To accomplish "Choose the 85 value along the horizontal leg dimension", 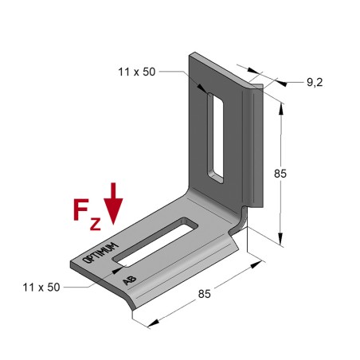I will click(x=205, y=295).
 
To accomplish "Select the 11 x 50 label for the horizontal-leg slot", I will click(x=42, y=287).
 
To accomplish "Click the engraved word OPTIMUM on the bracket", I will click(x=101, y=251).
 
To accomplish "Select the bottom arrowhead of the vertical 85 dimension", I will click(x=281, y=239).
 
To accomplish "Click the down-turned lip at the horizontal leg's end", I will click(x=127, y=302).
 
